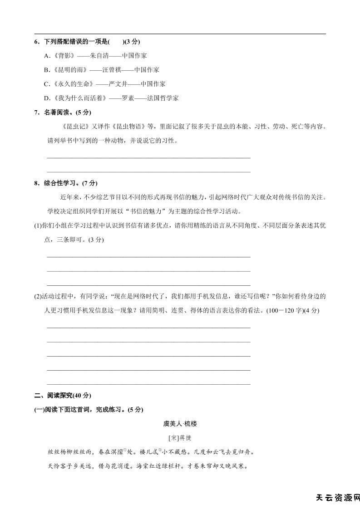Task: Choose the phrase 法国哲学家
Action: point(163,98)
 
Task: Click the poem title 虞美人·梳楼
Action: point(180,424)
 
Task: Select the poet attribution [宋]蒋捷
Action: point(180,438)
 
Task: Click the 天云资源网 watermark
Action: point(337,498)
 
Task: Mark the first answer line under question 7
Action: point(148,158)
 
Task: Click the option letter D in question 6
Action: point(46,98)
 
